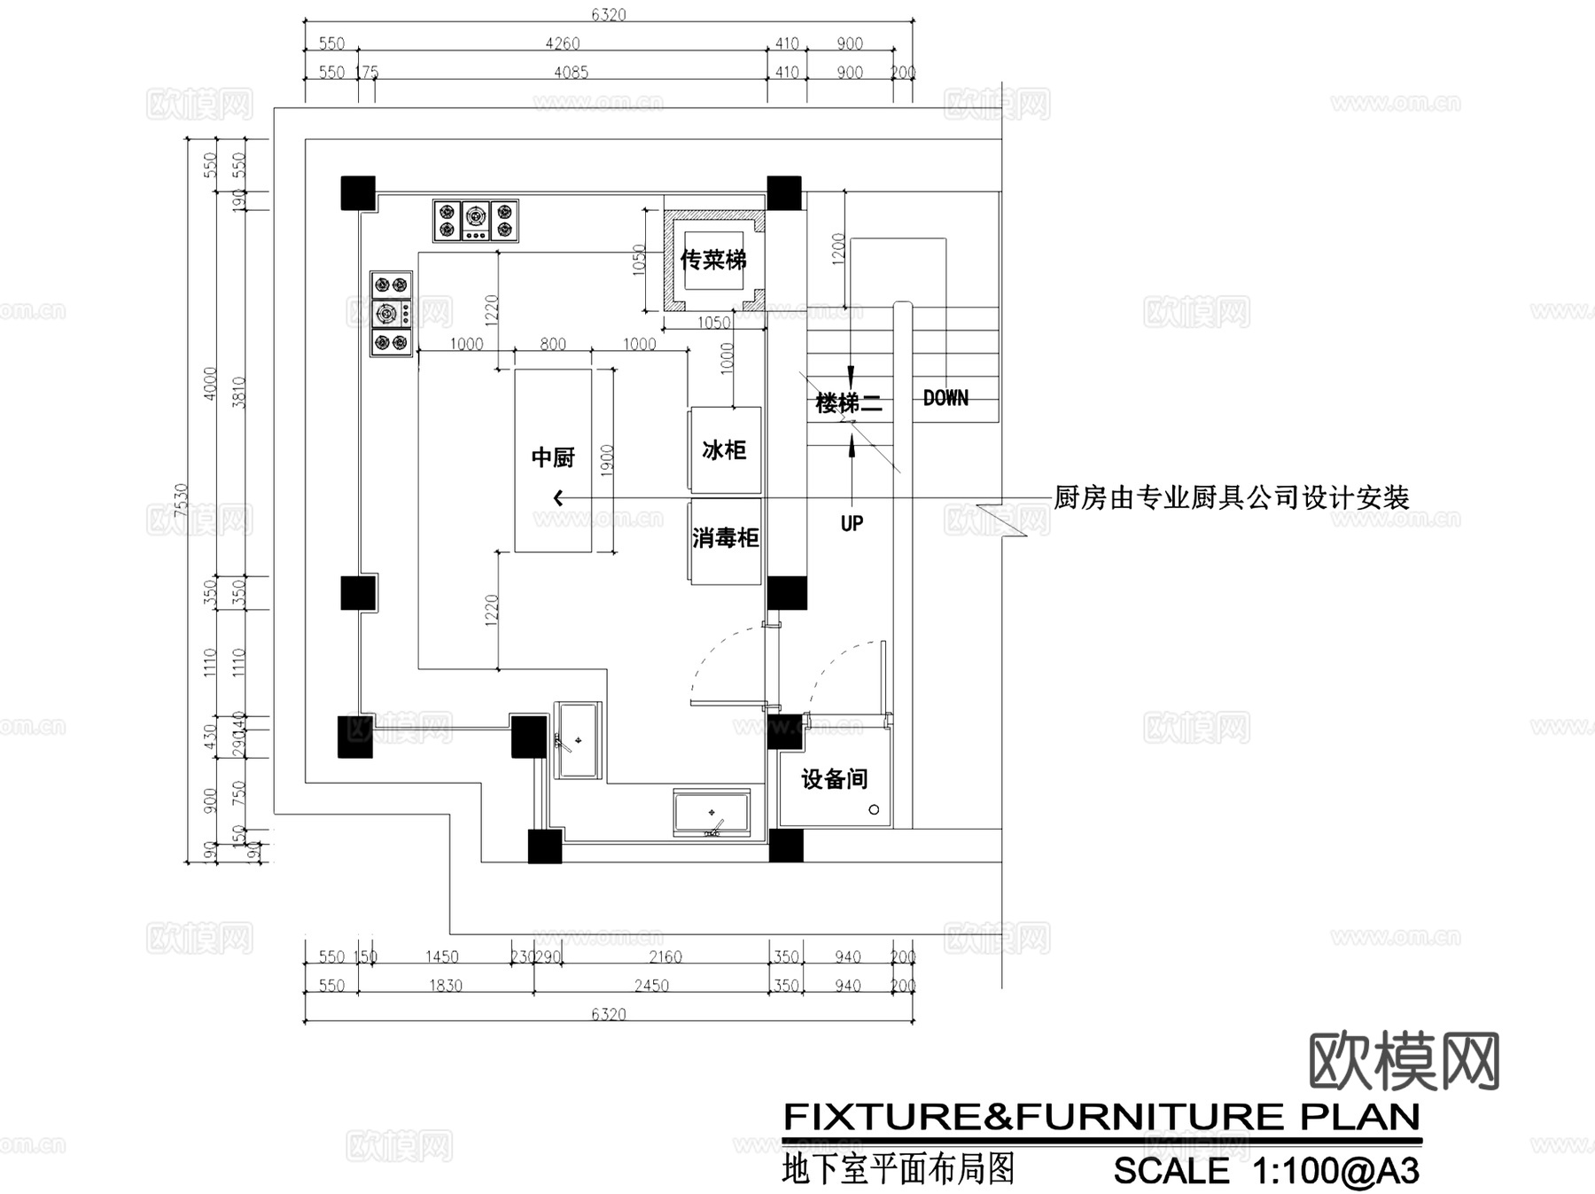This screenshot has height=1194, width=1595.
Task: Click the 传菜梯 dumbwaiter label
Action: (713, 260)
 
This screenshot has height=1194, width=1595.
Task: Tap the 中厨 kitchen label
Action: (553, 457)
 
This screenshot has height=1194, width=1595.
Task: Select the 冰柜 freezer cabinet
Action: (725, 450)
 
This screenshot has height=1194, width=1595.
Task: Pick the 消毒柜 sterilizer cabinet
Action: (725, 538)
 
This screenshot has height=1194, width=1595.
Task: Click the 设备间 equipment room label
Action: (834, 779)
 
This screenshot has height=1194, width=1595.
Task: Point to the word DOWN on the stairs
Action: (945, 398)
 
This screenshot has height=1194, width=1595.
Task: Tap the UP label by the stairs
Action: (852, 523)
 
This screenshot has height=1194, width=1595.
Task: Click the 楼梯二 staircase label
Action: (848, 403)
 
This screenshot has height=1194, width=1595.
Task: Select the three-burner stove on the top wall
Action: (476, 221)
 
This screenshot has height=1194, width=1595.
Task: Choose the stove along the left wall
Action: (391, 313)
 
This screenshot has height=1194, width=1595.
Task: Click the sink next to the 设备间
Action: (712, 813)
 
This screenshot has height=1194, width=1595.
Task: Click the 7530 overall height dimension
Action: (182, 500)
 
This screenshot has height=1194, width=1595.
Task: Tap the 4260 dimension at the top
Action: (563, 43)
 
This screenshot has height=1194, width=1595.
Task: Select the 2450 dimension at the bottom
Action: (651, 986)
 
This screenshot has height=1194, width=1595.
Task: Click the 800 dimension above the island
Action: (553, 344)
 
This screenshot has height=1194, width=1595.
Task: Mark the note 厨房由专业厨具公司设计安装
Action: (1231, 497)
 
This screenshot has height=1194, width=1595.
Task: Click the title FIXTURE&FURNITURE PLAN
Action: (1101, 1117)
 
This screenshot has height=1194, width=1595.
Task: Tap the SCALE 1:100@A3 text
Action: (1266, 1171)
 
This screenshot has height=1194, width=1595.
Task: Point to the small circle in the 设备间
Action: (874, 809)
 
